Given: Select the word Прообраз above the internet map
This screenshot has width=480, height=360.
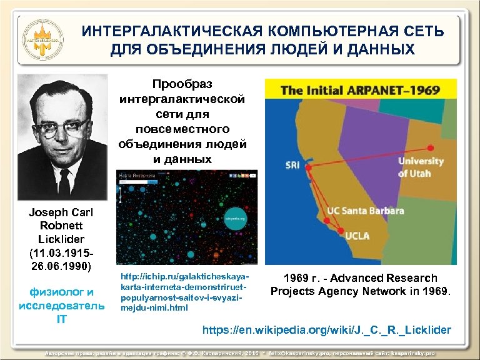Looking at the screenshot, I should click(182, 83).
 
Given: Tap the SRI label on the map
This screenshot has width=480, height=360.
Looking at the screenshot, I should click(292, 166).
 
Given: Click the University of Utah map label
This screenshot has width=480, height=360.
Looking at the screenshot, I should click(421, 167).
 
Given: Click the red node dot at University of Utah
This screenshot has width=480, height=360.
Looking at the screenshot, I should click(430, 148).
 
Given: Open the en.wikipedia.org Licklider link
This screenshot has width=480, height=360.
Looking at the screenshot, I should click(325, 329).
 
